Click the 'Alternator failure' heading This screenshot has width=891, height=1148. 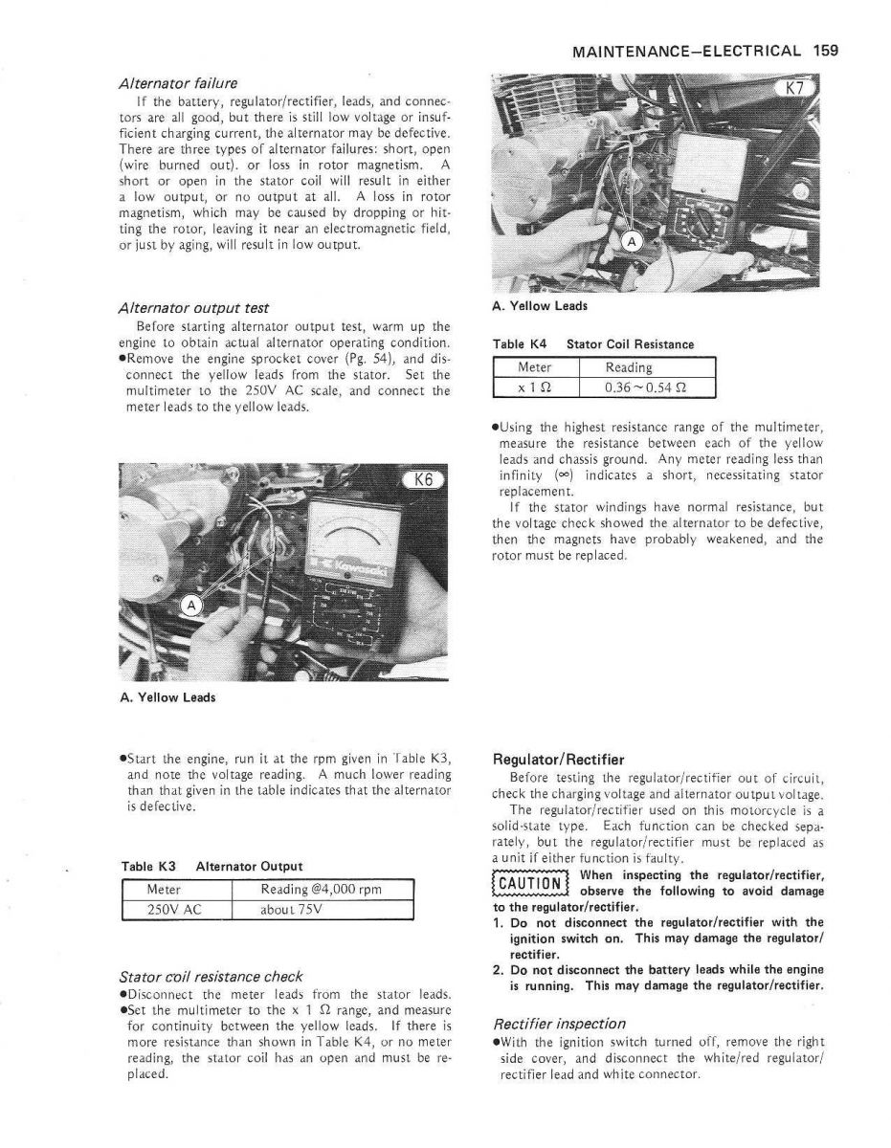pyautogui.click(x=179, y=83)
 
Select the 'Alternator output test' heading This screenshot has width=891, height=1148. pyautogui.click(x=192, y=308)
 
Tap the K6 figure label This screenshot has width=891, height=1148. pyautogui.click(x=422, y=480)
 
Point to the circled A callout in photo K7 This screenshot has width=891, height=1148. pyautogui.click(x=632, y=241)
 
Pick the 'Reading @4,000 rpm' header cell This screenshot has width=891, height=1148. pyautogui.click(x=321, y=890)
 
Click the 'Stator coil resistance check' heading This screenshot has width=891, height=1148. pyautogui.click(x=210, y=976)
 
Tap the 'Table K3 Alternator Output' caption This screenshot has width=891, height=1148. pyautogui.click(x=212, y=866)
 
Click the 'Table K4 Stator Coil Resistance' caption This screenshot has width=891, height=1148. pyautogui.click(x=593, y=343)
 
